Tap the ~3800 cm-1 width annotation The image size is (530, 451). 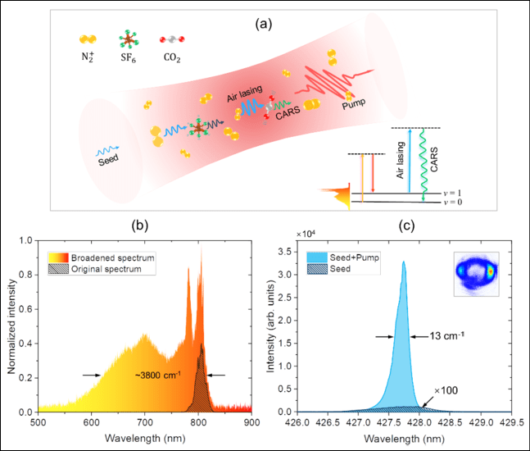(x=159, y=376)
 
